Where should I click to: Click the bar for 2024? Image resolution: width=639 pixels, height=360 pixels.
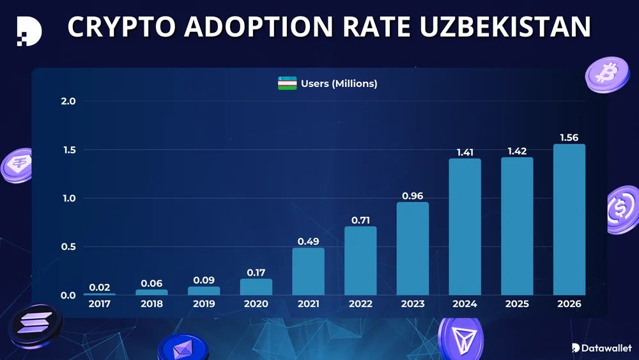465,226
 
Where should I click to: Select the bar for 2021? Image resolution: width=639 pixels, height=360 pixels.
308,271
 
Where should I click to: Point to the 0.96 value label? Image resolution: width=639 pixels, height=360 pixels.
412,196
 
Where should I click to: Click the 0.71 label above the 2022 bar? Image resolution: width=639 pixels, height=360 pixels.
360,220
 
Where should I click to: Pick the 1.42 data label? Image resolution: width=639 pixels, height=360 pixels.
517,151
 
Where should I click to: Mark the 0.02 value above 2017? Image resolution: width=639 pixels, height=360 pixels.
100,287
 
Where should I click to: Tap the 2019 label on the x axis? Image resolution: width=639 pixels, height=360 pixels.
204,304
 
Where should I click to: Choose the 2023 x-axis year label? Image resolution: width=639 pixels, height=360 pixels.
412,304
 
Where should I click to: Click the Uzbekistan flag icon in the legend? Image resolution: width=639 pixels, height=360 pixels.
287,83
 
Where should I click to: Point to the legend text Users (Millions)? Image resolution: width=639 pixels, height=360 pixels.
339,84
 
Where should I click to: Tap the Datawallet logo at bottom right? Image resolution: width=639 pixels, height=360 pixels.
601,348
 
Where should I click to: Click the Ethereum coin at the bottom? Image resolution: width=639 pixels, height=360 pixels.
183,349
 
